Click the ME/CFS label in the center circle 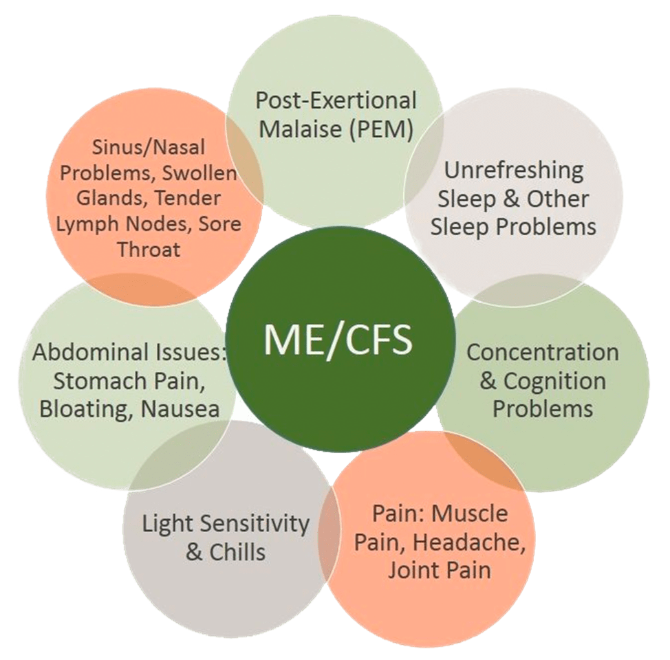point(337,339)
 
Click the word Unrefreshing point(514,170)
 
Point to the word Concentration point(543,352)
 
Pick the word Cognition point(554,381)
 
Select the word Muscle point(473,514)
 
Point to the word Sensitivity point(256,524)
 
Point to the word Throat point(149,250)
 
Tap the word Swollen point(203,173)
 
